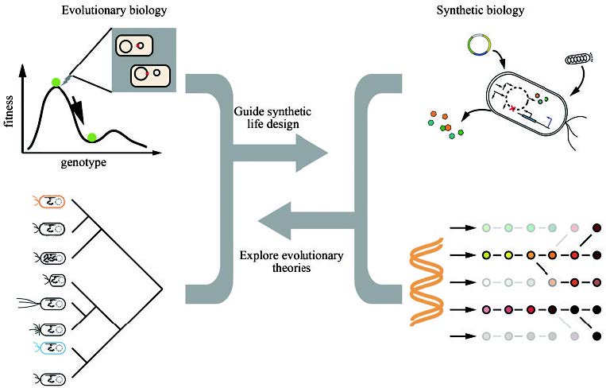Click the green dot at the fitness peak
(x=56, y=81)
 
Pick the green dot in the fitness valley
(x=93, y=138)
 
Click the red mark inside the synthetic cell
(x=514, y=106)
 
